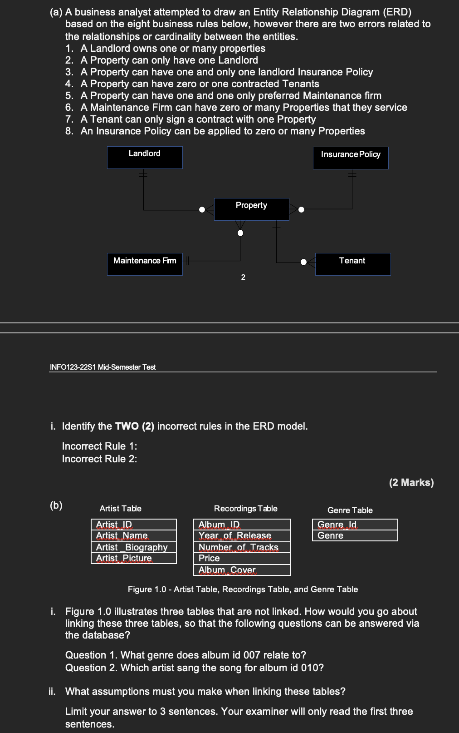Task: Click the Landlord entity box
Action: click(x=145, y=158)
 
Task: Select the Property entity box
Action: click(x=251, y=209)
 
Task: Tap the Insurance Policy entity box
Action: click(x=351, y=158)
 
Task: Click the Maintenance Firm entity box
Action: click(x=145, y=264)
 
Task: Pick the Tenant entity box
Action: click(x=353, y=264)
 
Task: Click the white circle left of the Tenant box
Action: click(x=304, y=262)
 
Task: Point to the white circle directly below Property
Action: click(x=240, y=233)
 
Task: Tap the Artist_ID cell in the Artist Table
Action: click(x=134, y=525)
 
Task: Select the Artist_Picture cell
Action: click(x=134, y=558)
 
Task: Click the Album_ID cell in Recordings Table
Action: click(x=242, y=525)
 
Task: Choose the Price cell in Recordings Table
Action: click(x=242, y=558)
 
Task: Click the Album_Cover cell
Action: click(x=242, y=570)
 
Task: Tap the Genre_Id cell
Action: click(x=355, y=525)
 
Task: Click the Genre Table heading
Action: click(x=350, y=510)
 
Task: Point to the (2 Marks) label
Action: click(x=411, y=482)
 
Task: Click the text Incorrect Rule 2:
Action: click(x=99, y=459)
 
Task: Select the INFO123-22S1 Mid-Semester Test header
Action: click(x=103, y=367)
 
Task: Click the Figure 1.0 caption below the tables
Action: click(x=243, y=589)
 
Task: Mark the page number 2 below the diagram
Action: click(x=243, y=277)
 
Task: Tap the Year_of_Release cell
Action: click(x=242, y=536)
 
